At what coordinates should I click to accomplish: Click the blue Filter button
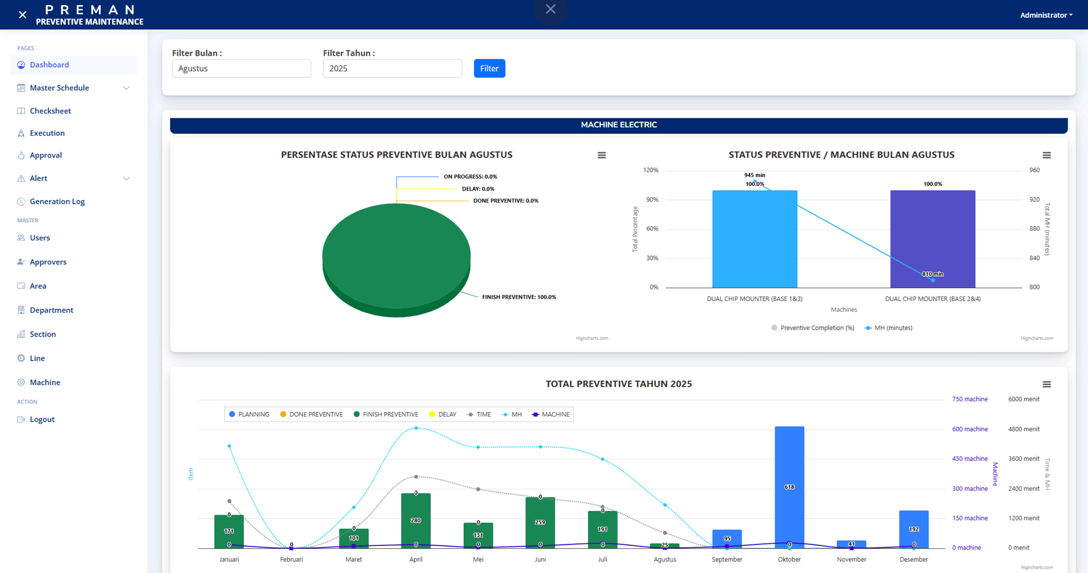[489, 68]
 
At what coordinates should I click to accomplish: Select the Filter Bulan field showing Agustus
[241, 68]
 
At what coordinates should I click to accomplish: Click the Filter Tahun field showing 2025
[392, 68]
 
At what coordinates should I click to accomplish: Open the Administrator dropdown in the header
[1046, 15]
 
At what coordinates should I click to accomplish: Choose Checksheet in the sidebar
[50, 111]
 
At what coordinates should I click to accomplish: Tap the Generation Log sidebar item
[57, 202]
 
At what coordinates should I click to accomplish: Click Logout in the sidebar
[42, 419]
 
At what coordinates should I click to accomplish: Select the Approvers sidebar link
[48, 262]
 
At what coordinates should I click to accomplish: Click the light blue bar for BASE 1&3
[755, 239]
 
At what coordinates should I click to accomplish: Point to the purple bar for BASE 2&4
[932, 239]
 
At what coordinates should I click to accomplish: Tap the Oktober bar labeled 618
[789, 487]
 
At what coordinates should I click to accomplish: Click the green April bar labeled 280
[415, 521]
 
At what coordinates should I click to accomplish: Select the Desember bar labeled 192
[914, 529]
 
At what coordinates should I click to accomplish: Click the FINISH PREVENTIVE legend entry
[386, 415]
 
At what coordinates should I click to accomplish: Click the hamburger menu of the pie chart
[601, 155]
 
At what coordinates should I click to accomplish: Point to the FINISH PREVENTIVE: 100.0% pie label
[519, 297]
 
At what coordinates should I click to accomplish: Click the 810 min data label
[932, 274]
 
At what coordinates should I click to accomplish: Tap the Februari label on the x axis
[292, 559]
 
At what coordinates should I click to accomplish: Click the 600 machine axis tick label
[970, 429]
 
